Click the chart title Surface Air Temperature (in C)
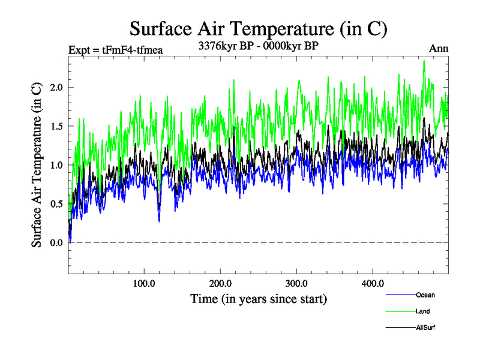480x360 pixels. (x=258, y=28)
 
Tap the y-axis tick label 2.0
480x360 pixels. (x=56, y=88)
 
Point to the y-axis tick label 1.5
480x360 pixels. (x=56, y=127)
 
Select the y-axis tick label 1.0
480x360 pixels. (x=56, y=165)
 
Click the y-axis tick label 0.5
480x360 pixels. (x=56, y=204)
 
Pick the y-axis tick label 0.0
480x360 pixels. (x=56, y=242)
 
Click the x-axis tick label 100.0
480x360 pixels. (x=144, y=283)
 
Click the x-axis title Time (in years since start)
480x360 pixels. (x=258, y=298)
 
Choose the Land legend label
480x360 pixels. (x=422, y=311)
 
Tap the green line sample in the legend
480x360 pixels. (x=399, y=311)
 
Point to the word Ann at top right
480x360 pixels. (x=438, y=49)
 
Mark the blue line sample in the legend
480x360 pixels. (x=399, y=295)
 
